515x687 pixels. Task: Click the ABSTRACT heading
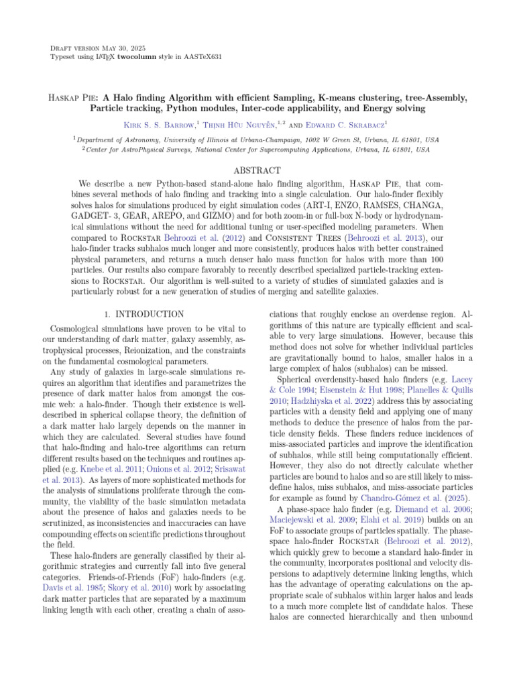pos(257,171)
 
